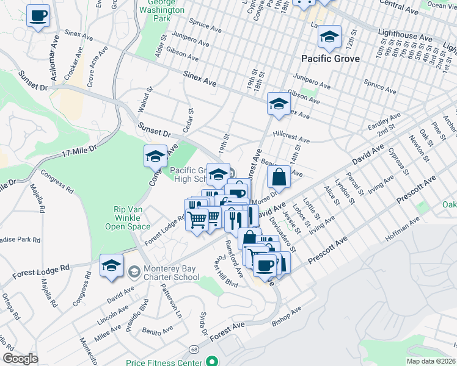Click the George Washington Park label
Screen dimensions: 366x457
pos(162,10)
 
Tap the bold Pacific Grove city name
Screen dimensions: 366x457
pos(331,59)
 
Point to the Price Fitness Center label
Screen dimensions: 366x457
pos(164,362)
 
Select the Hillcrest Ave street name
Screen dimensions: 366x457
pos(291,136)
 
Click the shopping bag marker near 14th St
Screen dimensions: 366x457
pos(279,178)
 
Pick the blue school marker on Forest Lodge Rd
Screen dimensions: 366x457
pos(111,266)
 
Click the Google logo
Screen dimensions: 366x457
pos(20,359)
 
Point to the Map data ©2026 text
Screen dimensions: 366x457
pos(431,361)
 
